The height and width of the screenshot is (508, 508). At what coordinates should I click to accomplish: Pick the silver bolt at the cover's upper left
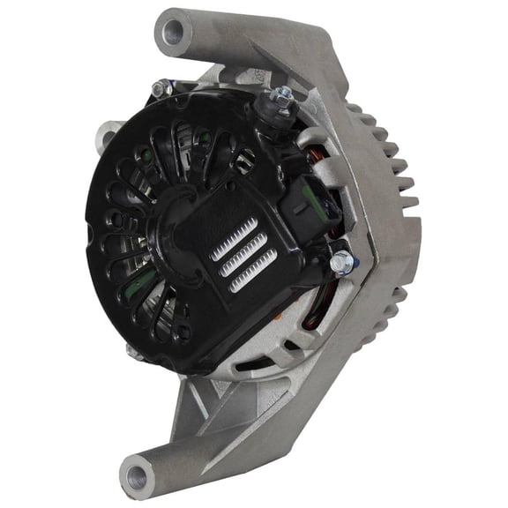pos(160,88)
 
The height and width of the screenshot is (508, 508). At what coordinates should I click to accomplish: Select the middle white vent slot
pos(241,257)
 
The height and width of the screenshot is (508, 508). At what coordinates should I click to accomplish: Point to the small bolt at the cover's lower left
pos(135,351)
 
